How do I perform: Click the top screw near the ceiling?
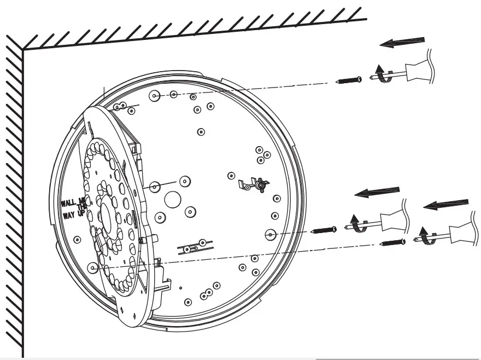click(350, 80)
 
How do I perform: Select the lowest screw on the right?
click(392, 241)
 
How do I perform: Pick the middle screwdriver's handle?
click(391, 219)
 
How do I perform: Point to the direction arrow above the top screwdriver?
click(403, 42)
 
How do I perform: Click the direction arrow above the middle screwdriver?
click(377, 192)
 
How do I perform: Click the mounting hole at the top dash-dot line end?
click(155, 96)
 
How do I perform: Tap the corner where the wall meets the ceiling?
click(23, 49)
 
